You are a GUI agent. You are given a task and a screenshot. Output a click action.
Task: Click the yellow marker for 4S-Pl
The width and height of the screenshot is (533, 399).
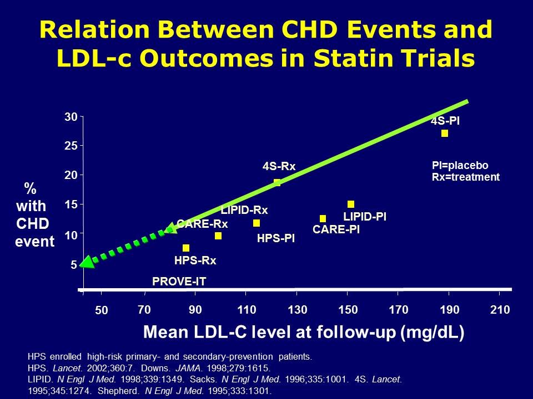pos(444,133)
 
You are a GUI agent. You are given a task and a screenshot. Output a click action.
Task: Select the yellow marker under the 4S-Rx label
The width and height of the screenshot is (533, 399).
pos(277,183)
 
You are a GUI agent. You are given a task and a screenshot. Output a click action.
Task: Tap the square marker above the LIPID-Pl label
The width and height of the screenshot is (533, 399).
pos(351,204)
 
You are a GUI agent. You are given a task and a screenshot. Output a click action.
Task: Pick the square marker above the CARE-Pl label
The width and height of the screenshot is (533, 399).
pos(323,218)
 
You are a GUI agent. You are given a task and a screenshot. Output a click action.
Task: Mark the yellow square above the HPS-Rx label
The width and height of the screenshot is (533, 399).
pos(186,248)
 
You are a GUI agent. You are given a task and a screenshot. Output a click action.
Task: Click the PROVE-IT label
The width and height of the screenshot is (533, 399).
pos(179,282)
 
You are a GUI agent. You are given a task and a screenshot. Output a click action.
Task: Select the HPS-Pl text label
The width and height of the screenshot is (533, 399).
pos(275,239)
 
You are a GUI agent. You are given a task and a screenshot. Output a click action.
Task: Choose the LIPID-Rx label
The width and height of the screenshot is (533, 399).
pos(244,210)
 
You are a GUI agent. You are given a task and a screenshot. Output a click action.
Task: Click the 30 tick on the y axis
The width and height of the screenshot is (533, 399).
pos(70,117)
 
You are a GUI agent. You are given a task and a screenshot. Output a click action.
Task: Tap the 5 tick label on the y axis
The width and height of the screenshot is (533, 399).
pos(73,265)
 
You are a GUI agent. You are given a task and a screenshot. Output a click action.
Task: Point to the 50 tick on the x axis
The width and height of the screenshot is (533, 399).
pos(101,310)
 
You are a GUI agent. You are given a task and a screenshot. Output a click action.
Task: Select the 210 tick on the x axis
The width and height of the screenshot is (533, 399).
pos(500,309)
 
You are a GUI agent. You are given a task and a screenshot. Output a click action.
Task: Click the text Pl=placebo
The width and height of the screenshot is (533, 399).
pos(460,166)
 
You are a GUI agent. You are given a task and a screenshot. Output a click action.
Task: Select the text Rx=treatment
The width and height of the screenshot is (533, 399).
pos(465,177)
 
